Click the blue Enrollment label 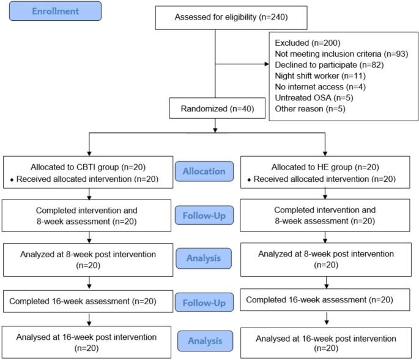click(55, 11)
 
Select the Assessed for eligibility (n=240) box click(231, 18)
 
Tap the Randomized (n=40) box click(217, 108)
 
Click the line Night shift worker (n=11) click(320, 76)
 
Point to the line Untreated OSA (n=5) click(314, 98)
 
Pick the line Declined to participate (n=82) click(329, 65)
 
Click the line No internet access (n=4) click(320, 87)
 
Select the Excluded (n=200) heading click(308, 43)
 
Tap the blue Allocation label click(204, 171)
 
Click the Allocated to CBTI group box click(88, 172)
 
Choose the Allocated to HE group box click(325, 172)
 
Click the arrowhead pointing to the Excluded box click(267, 64)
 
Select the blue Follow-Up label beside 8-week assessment click(204, 216)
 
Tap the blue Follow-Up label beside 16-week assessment click(204, 302)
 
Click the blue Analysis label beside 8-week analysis click(204, 258)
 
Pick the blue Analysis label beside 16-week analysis click(205, 341)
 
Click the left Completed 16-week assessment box click(88, 301)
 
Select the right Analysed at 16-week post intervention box click(326, 343)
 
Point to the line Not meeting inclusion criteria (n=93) click(341, 54)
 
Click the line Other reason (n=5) click(310, 109)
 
